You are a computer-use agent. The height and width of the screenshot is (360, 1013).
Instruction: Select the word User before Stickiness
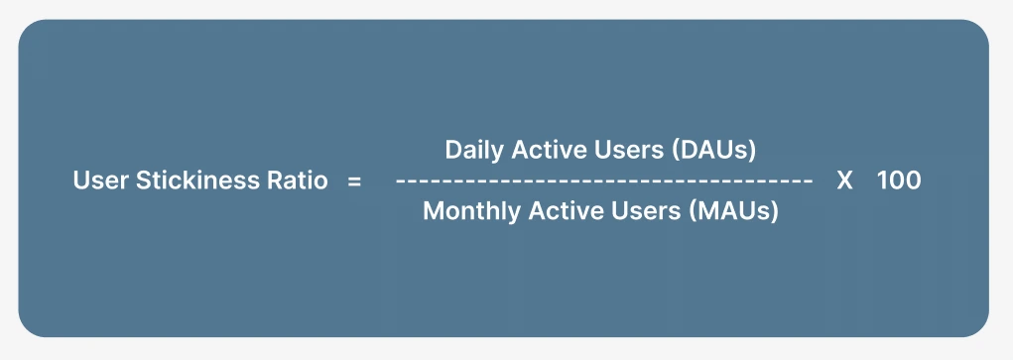coord(97,181)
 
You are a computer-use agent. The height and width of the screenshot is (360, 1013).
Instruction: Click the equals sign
coord(354,181)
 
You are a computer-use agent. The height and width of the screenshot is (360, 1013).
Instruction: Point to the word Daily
coord(469,150)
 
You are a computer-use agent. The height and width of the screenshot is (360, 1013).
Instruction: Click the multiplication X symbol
coord(845,181)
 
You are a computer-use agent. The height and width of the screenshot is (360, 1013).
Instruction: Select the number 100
coord(899,181)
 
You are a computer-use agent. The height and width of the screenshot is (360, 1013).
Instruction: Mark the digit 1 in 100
coord(881,181)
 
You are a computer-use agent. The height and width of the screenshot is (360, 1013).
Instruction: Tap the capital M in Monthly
coord(433,211)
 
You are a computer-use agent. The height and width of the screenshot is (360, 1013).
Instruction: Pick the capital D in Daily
coord(452,150)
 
